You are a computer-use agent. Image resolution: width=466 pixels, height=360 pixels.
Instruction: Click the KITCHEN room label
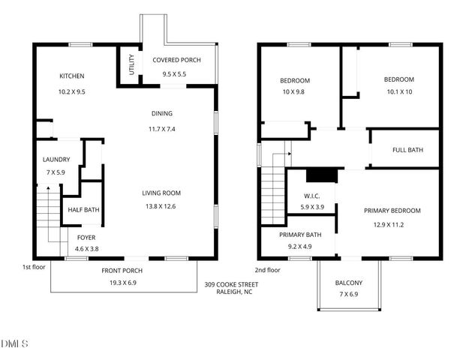click(72, 76)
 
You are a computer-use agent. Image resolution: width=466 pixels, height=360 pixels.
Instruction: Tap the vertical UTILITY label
click(131, 64)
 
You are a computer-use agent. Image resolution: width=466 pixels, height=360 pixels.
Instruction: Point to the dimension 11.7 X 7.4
click(161, 129)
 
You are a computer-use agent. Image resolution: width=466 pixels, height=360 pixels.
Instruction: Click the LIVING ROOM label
click(161, 193)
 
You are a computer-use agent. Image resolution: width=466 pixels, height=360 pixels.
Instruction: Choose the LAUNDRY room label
click(56, 159)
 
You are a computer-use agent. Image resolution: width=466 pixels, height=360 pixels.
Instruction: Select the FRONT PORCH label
click(122, 271)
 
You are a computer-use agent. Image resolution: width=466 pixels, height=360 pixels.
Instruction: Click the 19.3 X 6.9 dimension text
click(122, 283)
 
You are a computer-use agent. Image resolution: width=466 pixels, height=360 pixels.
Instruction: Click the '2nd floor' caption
click(268, 269)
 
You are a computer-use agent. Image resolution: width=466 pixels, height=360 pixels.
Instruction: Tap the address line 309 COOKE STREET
click(231, 284)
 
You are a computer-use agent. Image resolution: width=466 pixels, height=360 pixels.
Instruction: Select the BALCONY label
click(349, 283)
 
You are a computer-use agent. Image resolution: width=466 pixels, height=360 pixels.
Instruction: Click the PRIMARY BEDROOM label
click(392, 211)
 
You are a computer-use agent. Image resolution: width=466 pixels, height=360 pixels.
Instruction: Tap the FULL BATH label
click(407, 150)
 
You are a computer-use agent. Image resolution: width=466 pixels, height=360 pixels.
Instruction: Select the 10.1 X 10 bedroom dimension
click(398, 92)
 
